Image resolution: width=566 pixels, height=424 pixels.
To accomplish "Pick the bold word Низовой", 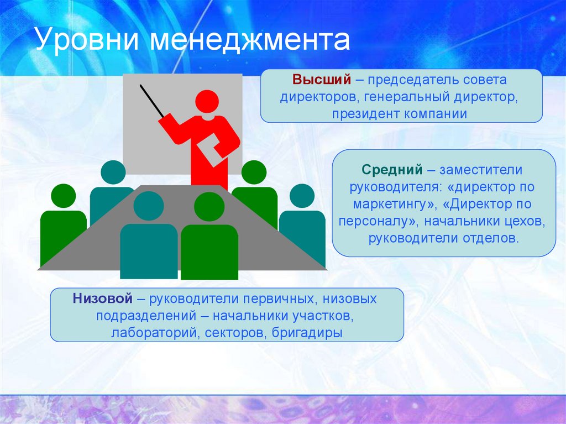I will point(102,299).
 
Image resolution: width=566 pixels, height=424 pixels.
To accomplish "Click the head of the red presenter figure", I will point(207,102).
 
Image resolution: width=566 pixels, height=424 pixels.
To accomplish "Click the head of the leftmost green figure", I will point(63,196).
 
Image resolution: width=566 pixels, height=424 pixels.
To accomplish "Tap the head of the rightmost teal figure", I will point(302,196).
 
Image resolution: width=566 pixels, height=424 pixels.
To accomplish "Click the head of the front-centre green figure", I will point(209,207).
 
